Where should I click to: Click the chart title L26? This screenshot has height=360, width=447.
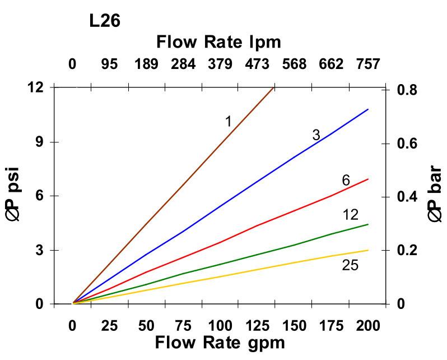click(x=104, y=22)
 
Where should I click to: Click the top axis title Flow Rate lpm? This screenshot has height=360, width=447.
click(x=218, y=41)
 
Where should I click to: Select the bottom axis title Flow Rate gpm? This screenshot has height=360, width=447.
click(x=220, y=342)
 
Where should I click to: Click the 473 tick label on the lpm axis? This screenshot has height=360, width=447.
click(x=257, y=64)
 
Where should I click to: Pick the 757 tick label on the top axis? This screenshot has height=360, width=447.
click(x=368, y=64)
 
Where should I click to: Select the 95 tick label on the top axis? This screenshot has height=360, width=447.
click(x=109, y=64)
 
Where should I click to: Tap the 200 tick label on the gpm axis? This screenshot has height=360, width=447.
click(x=368, y=326)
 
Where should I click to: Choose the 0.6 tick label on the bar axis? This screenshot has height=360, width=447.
click(x=408, y=143)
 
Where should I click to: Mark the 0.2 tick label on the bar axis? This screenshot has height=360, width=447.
click(x=408, y=250)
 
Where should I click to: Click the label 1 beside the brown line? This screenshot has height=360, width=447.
click(x=229, y=121)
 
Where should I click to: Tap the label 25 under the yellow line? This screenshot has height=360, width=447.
click(x=350, y=265)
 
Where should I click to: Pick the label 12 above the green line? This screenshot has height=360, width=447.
click(x=350, y=214)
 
